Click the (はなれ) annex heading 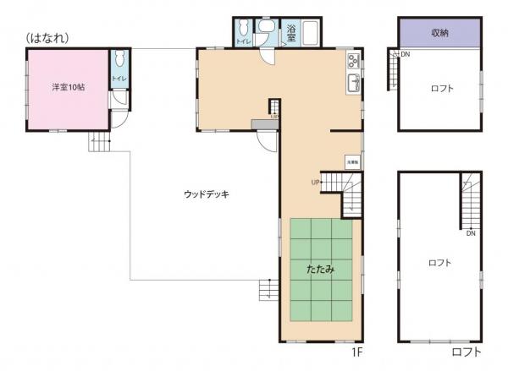(x=47, y=38)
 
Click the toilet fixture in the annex (x=117, y=62)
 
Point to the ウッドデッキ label (x=207, y=194)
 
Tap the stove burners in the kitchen (x=353, y=61)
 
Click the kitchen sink (x=353, y=82)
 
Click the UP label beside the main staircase (x=314, y=181)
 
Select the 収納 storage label (x=439, y=33)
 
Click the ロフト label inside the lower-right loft (x=439, y=263)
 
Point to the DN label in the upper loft (x=406, y=54)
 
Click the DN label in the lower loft (x=470, y=233)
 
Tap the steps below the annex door (x=100, y=141)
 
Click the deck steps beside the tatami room (x=268, y=291)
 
